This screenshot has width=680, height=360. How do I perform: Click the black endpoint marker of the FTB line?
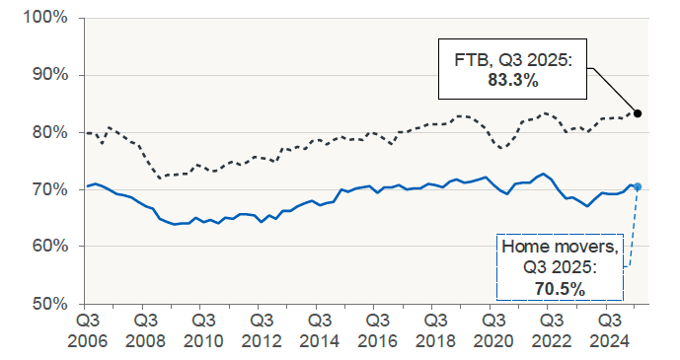(x=638, y=113)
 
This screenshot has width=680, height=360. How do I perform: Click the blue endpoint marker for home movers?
(x=638, y=186)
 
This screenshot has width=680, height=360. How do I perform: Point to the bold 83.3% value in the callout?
(x=513, y=81)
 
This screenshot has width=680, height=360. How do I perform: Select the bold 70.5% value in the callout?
(x=561, y=289)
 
